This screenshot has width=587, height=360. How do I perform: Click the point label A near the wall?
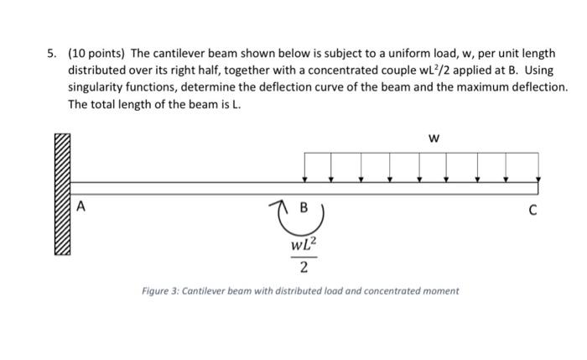(x=81, y=206)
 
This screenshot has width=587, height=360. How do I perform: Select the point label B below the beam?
(x=304, y=206)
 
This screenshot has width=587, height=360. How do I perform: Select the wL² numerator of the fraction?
(x=303, y=246)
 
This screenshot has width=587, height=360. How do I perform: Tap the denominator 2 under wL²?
(x=303, y=268)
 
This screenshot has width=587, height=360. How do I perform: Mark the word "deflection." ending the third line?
(x=538, y=87)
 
